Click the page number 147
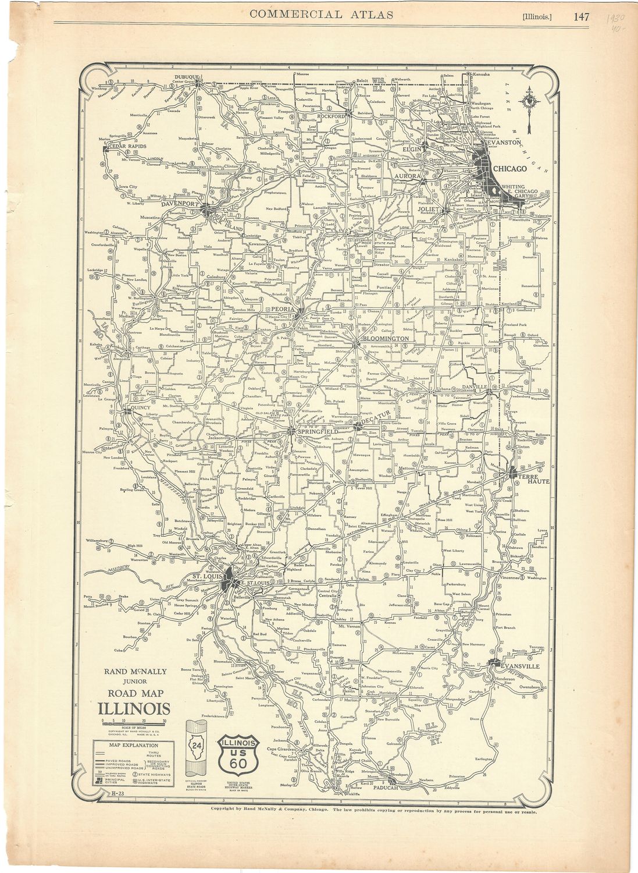tap(582, 16)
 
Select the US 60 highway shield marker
tap(237, 754)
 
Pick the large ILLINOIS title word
tap(134, 709)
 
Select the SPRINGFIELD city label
tap(318, 432)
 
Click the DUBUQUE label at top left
tap(187, 77)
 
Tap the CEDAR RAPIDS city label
tap(127, 146)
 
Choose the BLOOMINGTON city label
tap(386, 338)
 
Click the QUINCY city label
tap(140, 407)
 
